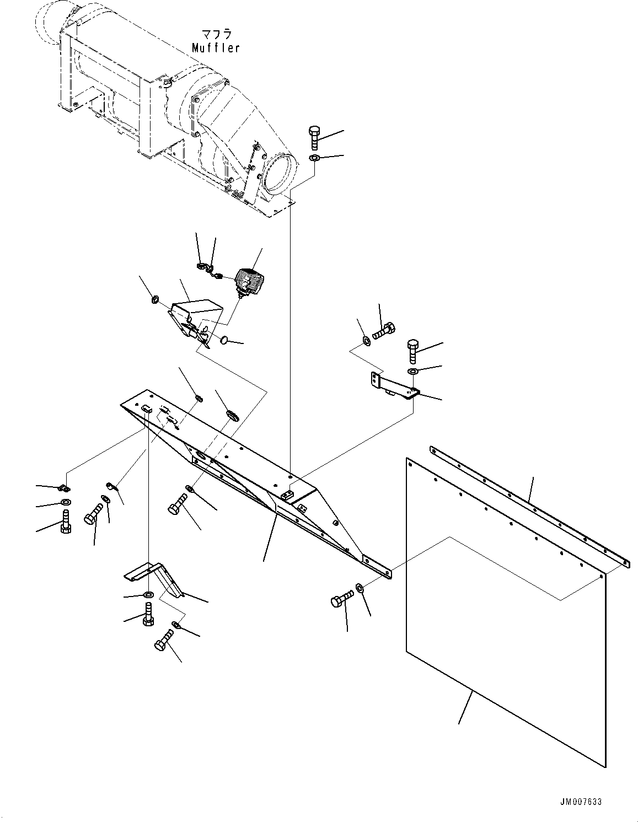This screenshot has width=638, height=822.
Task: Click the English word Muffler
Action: (216, 48)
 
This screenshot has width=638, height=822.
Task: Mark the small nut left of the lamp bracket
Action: (156, 300)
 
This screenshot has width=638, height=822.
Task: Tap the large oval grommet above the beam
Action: (232, 415)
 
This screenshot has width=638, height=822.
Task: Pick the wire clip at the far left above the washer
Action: (64, 487)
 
